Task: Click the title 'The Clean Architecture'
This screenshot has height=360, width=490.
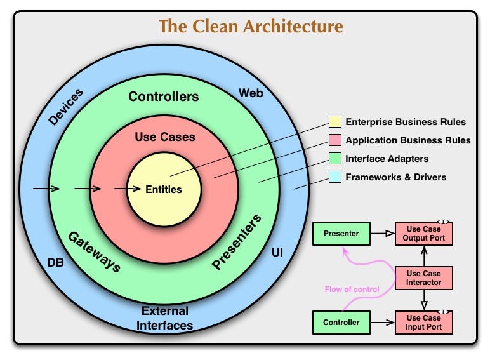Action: pos(250,26)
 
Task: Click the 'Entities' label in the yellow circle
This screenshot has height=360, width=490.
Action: pos(164,189)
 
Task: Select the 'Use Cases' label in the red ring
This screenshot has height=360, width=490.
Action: pos(165,137)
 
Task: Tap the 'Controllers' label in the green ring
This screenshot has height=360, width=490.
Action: pos(164,97)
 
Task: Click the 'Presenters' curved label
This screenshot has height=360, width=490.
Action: pos(236,243)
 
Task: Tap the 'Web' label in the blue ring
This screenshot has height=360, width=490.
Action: pos(251,93)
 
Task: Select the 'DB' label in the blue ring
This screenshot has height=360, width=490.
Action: pos(55,262)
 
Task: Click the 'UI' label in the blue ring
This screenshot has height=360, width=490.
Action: pos(277,253)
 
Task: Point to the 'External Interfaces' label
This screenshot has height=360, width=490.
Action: pos(165,317)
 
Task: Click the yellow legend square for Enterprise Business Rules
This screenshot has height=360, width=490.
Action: pos(334,122)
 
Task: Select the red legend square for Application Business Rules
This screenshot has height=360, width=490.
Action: pos(334,140)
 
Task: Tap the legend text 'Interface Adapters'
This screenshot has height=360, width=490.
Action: pos(387,159)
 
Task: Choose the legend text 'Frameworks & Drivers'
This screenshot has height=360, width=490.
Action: pos(395,177)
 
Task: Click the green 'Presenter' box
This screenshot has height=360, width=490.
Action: pos(341,234)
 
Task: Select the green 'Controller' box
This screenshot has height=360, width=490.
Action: pos(341,323)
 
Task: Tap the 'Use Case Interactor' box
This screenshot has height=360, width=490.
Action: pos(423,278)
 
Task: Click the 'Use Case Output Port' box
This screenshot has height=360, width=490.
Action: pos(423,234)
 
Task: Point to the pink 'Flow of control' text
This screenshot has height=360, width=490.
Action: pos(352,289)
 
